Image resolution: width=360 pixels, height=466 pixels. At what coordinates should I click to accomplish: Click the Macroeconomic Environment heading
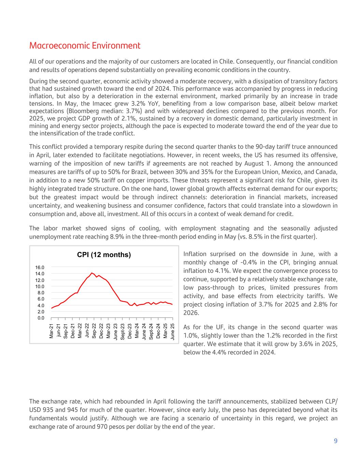pos(85,46)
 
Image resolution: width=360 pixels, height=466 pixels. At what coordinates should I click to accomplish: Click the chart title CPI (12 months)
pos(104,255)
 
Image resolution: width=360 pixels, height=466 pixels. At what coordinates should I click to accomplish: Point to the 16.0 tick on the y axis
pos(40,267)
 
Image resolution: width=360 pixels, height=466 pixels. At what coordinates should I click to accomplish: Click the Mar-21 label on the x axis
pos(52,331)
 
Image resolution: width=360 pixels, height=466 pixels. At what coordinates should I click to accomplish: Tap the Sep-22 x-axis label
pos(94,331)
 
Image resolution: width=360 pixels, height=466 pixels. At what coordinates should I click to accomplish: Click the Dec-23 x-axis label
pos(130,331)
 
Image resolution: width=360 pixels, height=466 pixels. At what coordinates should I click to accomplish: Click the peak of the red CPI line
pos(91,273)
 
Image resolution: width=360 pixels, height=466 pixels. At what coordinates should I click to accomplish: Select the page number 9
pos(335,441)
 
